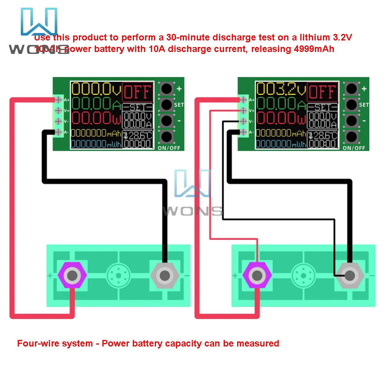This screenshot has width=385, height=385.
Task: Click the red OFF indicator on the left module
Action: [137, 92]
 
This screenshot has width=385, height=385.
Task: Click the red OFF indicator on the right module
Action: [322, 92]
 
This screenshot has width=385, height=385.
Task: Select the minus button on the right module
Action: [351, 120]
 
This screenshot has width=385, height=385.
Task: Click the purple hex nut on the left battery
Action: [72, 275]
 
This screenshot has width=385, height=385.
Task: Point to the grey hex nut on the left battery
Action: [165, 275]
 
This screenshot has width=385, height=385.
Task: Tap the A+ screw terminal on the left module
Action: [59, 100]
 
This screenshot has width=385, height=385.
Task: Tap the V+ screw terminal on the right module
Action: [244, 110]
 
